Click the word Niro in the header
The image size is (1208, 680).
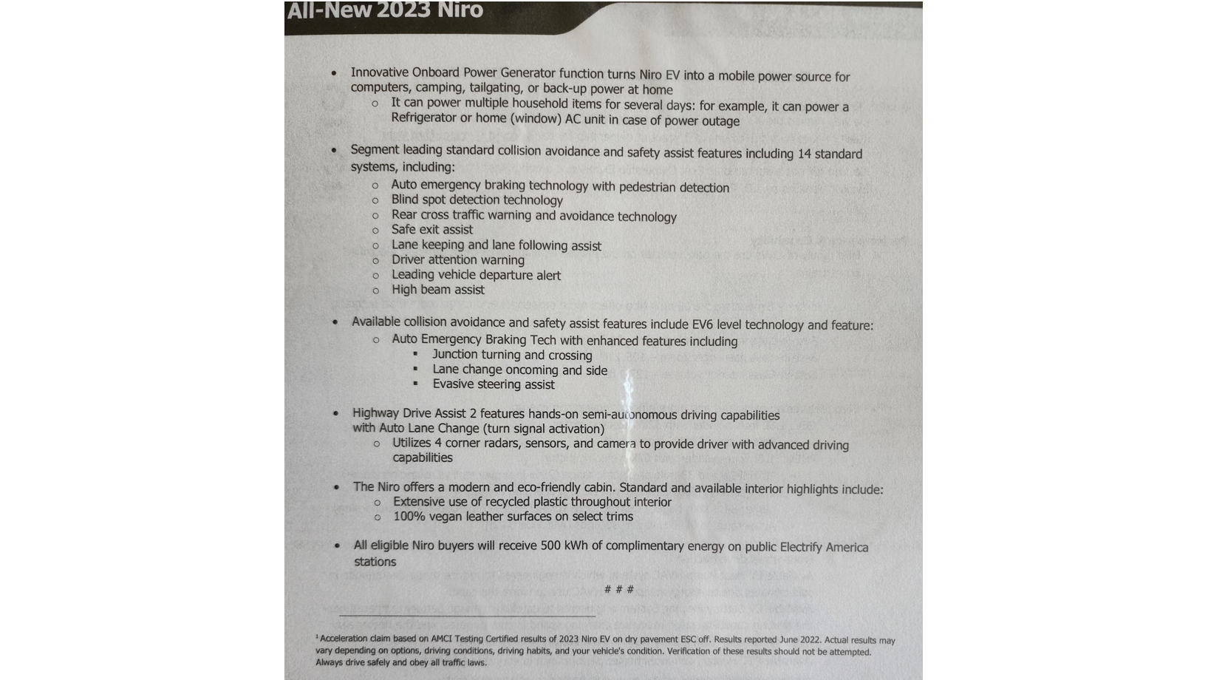[x=459, y=10]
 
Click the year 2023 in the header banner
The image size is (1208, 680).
[x=402, y=10]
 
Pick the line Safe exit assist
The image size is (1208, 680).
[x=431, y=230]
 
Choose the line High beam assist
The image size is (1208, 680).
[x=437, y=290]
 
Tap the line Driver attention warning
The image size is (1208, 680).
[x=457, y=259]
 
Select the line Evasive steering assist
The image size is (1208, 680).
[x=494, y=384]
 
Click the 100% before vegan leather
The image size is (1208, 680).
[x=407, y=517]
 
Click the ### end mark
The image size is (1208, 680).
[x=618, y=590]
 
